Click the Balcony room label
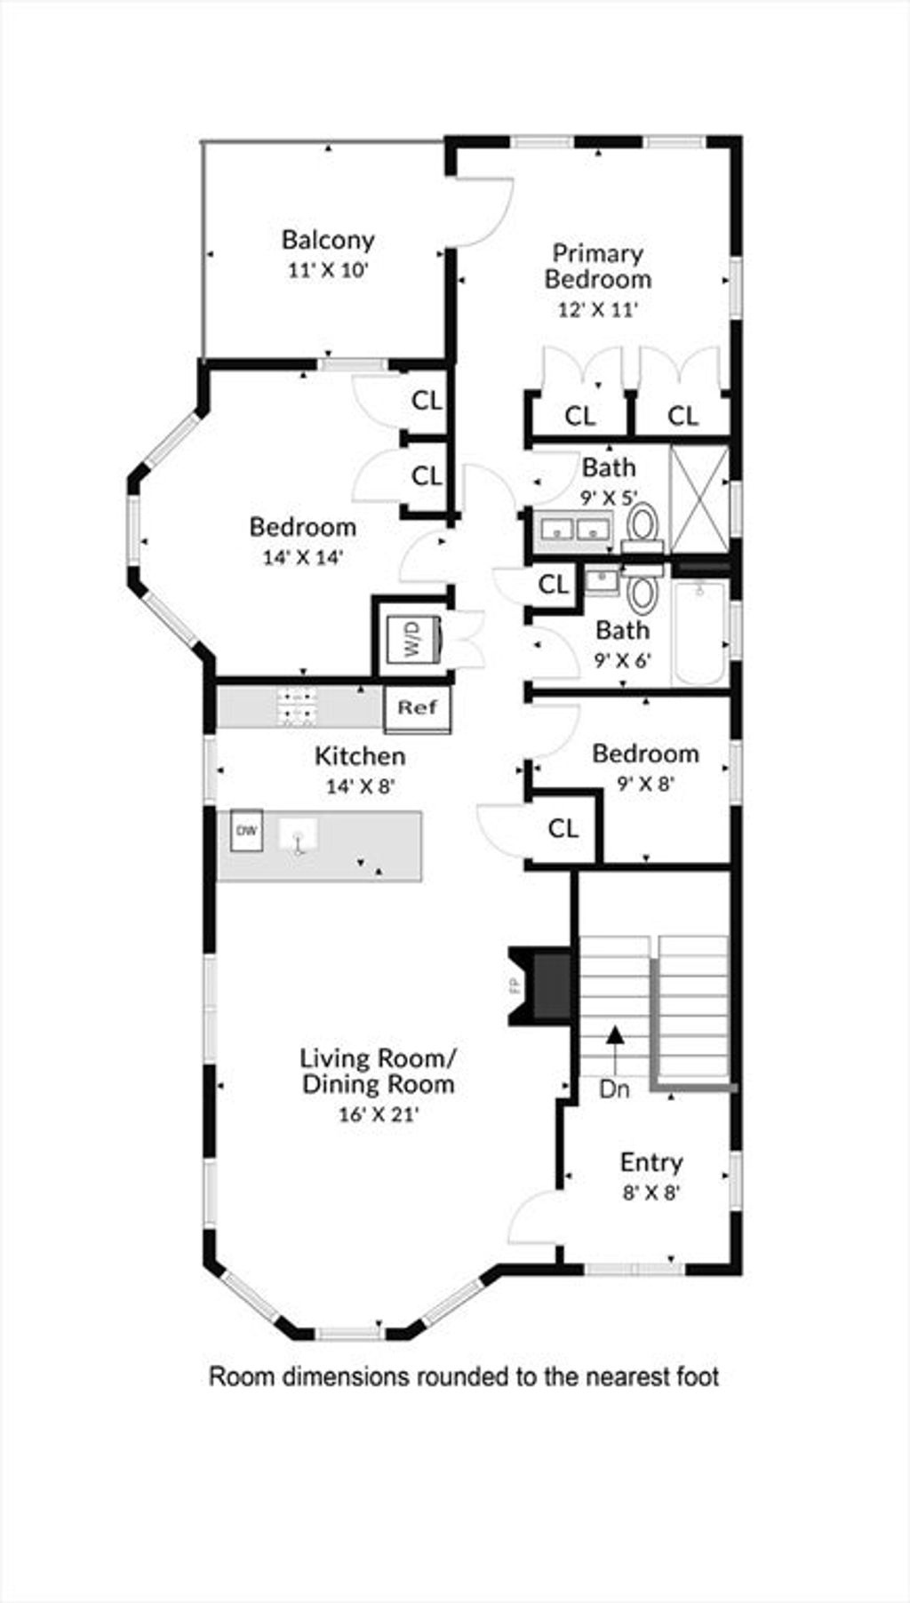coord(328,239)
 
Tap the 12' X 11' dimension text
coord(598,310)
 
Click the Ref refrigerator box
coord(418,708)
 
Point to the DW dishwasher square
coord(247,830)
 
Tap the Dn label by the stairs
coord(613,1089)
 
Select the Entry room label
coord(651,1162)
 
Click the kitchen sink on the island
coord(299,835)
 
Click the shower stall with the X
coord(699,499)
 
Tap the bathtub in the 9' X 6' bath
coord(699,633)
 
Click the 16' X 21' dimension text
coord(379,1114)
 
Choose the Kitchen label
coord(360,756)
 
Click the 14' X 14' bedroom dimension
coord(303,558)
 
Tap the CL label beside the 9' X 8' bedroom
coord(563,829)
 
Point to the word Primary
coord(598,254)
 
